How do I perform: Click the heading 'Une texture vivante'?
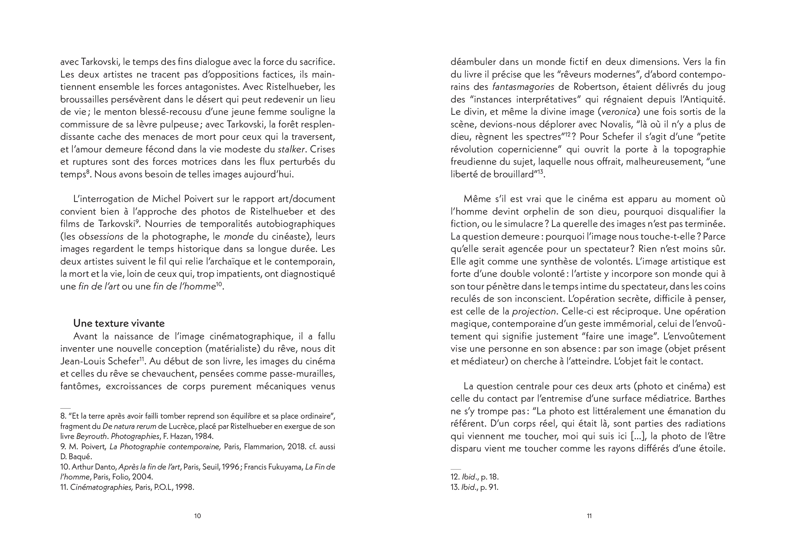pyautogui.click(x=119, y=323)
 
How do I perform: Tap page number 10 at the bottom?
pyautogui.click(x=198, y=516)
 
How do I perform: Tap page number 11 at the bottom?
pyautogui.click(x=589, y=516)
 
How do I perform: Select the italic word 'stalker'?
pyautogui.click(x=291, y=150)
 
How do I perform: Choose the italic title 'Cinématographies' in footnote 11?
pyautogui.click(x=102, y=487)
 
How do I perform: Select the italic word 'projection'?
pyautogui.click(x=534, y=311)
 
